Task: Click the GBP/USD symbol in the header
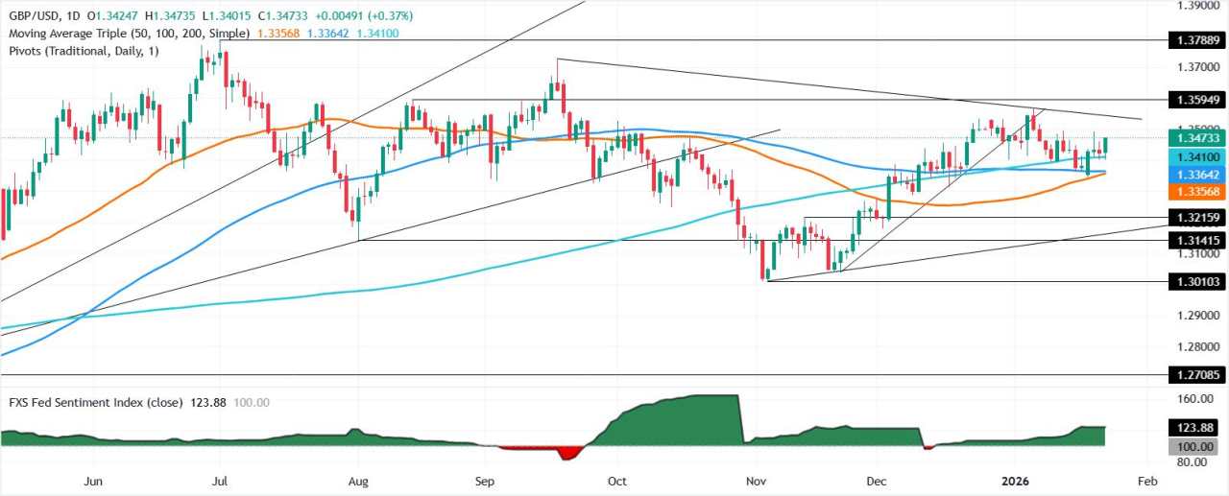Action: pyautogui.click(x=32, y=15)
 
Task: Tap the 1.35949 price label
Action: pyautogui.click(x=1194, y=99)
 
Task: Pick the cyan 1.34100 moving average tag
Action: pyautogui.click(x=1194, y=157)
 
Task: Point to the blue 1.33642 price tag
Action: pyautogui.click(x=1194, y=175)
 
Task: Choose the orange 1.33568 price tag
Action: pyautogui.click(x=1194, y=190)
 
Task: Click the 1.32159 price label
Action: pyautogui.click(x=1194, y=218)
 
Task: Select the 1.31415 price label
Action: pyautogui.click(x=1194, y=240)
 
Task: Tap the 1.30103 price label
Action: pyautogui.click(x=1194, y=281)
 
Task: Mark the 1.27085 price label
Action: pyautogui.click(x=1194, y=375)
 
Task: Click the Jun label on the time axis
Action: pyautogui.click(x=93, y=480)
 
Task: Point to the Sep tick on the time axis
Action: pyautogui.click(x=484, y=480)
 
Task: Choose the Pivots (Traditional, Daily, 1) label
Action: pyautogui.click(x=83, y=50)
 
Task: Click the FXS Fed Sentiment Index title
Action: pyautogui.click(x=94, y=403)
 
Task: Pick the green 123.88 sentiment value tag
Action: pyautogui.click(x=1194, y=428)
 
